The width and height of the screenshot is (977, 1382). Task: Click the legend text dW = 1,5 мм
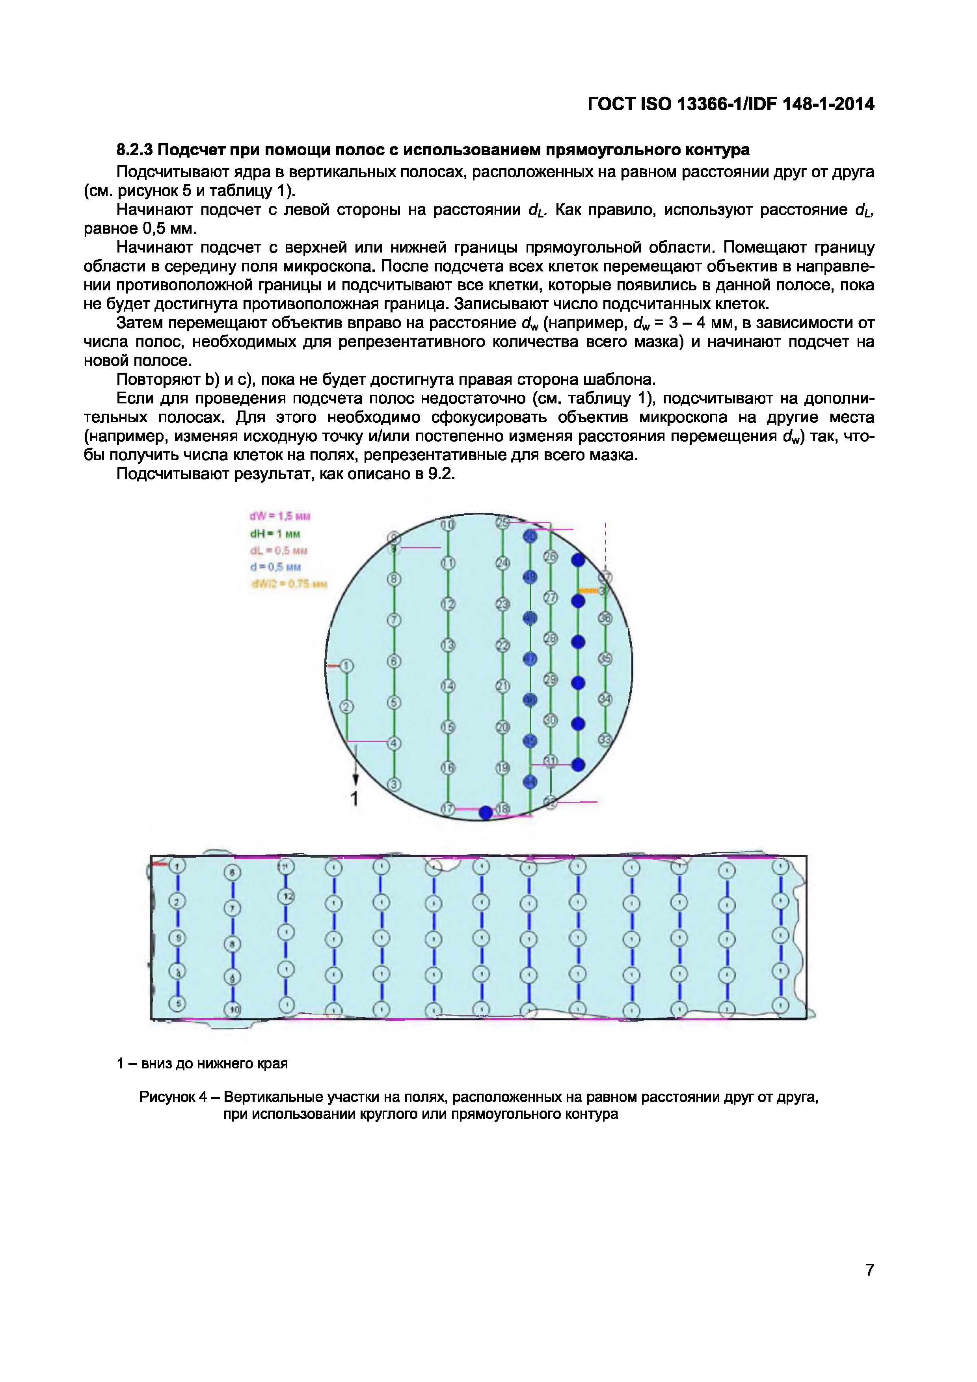[x=280, y=516]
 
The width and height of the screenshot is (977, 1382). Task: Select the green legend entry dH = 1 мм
[x=275, y=533]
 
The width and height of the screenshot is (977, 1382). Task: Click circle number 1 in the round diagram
[x=347, y=666]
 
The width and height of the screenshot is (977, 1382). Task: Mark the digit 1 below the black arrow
[x=355, y=799]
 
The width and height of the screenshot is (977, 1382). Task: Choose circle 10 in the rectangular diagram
[x=233, y=1009]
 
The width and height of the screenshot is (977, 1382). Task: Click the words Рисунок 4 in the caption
[x=173, y=1097]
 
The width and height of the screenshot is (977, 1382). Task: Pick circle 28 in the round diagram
[x=550, y=639]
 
